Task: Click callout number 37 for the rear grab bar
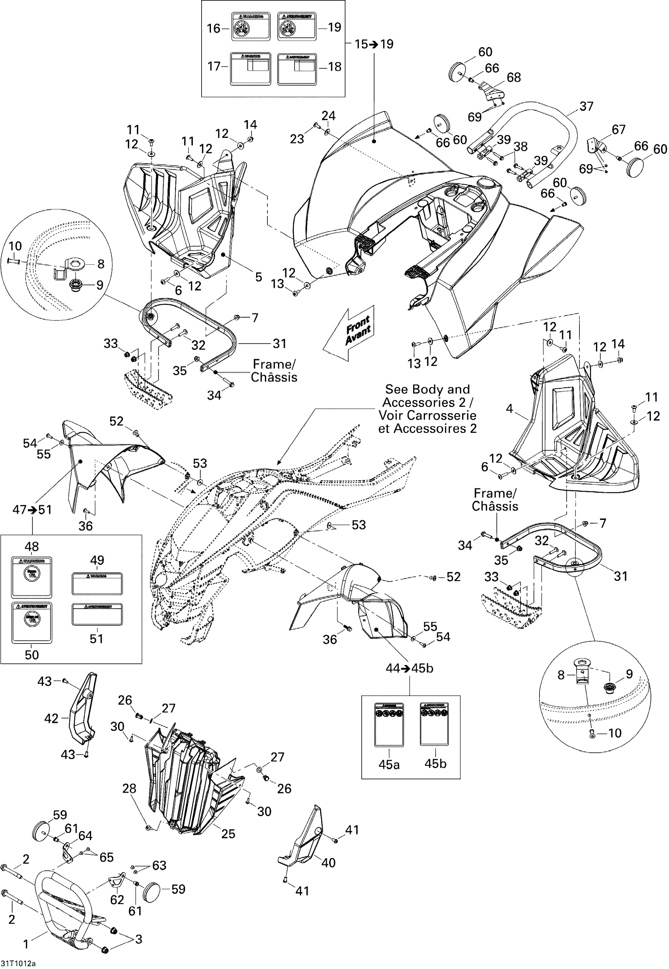586,107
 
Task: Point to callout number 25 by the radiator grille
228,834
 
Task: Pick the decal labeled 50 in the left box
32,623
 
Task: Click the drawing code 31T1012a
18,964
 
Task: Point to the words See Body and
427,389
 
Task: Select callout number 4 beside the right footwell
509,408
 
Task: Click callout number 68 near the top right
514,78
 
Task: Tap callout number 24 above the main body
329,116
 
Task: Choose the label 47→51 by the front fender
32,510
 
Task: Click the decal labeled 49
97,584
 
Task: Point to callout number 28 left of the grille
129,788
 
